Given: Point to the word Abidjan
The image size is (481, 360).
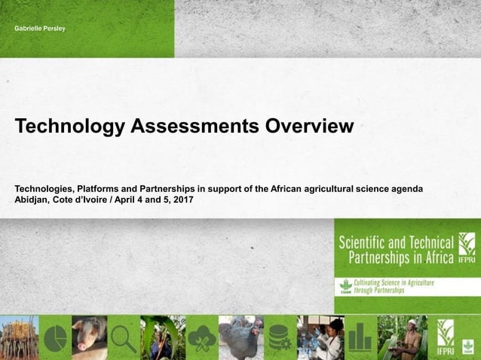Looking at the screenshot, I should click(33, 200).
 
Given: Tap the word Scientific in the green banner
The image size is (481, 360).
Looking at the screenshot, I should click(369, 243).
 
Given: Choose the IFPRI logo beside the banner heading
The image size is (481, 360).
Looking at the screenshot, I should click(467, 249).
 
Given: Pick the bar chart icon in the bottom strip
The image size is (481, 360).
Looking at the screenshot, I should click(361, 338).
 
